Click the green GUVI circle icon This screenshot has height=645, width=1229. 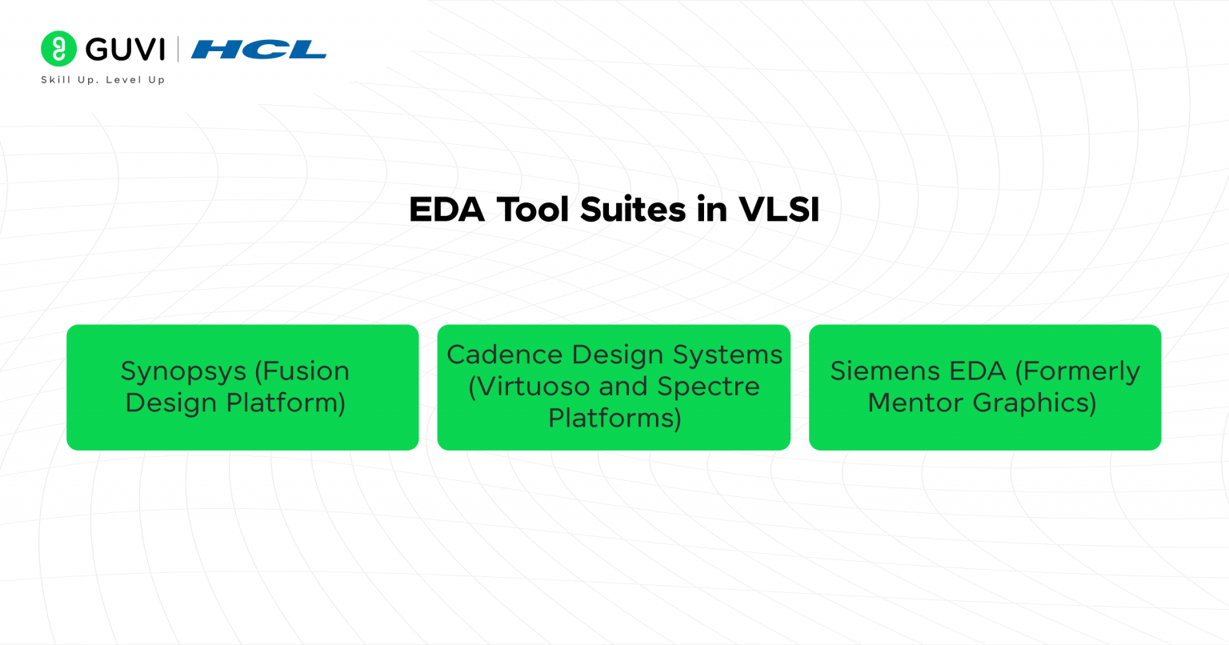[58, 49]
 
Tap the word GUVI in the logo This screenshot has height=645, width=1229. [125, 50]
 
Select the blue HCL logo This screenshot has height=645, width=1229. [258, 50]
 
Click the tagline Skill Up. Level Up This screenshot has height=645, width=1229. [102, 80]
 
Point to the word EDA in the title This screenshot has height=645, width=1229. [446, 210]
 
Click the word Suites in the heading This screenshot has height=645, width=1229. [633, 210]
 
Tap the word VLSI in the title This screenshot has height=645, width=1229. [779, 210]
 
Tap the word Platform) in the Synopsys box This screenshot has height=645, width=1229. [286, 403]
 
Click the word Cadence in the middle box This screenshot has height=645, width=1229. [505, 355]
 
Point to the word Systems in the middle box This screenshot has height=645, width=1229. [727, 355]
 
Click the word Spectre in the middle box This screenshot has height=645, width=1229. [708, 387]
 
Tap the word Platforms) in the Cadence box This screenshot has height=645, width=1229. [614, 419]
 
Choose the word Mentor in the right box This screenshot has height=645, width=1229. [915, 403]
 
